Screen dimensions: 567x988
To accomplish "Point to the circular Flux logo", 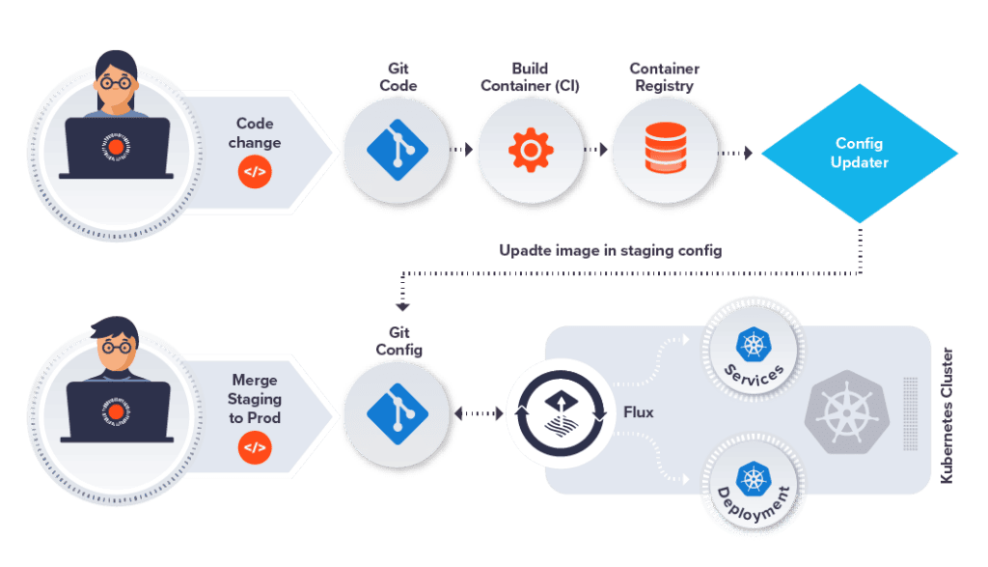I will pos(560,413).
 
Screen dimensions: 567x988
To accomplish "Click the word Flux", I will pos(638,412).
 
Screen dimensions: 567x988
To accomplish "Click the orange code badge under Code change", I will pos(255,173).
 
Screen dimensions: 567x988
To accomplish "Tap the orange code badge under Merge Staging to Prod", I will pos(255,447).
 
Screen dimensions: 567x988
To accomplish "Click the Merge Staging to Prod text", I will pos(256,398).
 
